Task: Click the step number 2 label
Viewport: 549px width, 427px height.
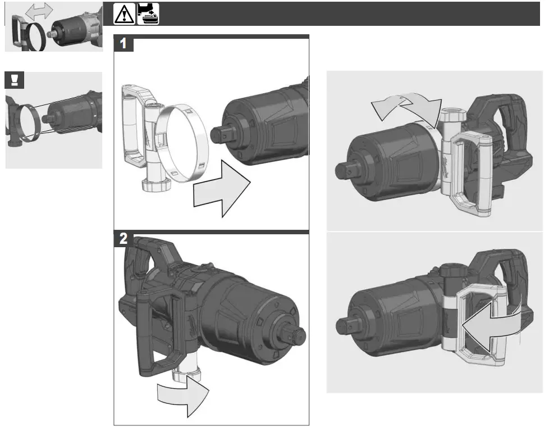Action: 123,239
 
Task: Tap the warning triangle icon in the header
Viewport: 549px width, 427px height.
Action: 125,14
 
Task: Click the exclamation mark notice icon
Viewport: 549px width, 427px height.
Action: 14,80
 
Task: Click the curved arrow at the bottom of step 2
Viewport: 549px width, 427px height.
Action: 181,396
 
